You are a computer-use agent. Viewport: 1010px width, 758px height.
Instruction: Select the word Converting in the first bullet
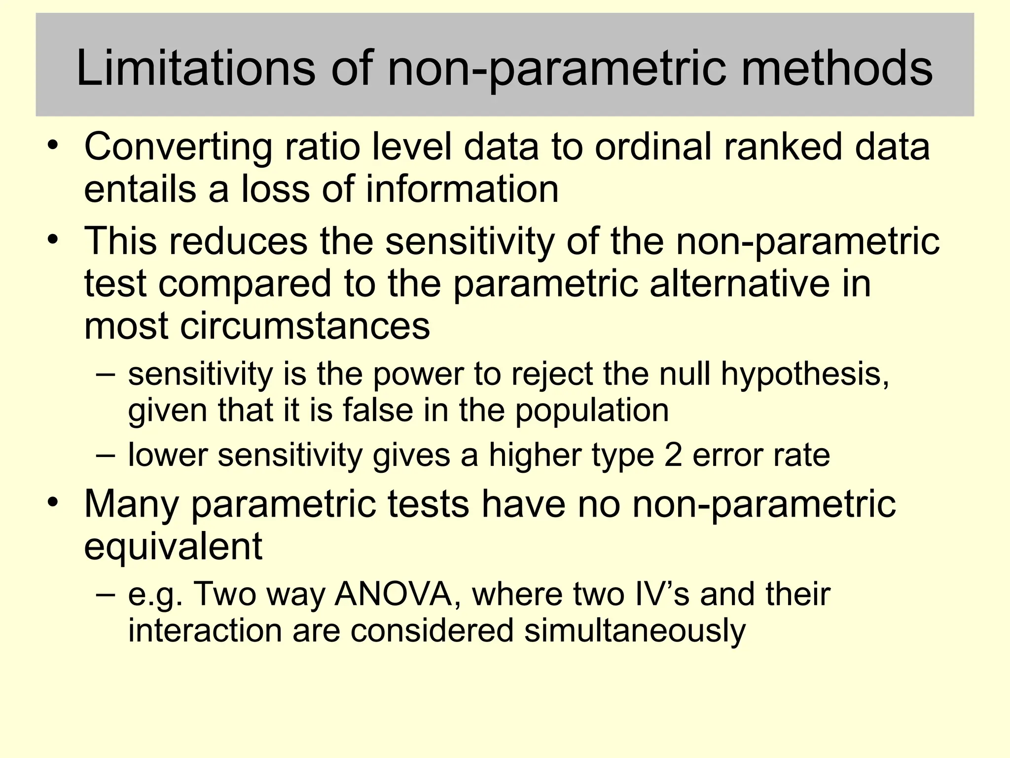[x=178, y=147]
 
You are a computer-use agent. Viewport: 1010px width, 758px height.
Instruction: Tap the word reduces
[x=239, y=241]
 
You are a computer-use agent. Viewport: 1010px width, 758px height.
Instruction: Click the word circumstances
[x=305, y=326]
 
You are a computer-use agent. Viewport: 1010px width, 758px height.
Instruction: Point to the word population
[x=592, y=411]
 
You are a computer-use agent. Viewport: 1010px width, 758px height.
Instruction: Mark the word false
[x=378, y=410]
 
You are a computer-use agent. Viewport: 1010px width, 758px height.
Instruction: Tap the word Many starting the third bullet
[x=132, y=504]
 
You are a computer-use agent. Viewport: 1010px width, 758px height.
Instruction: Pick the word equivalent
[x=173, y=546]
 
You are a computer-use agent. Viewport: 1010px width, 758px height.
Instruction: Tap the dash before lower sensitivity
[x=106, y=454]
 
